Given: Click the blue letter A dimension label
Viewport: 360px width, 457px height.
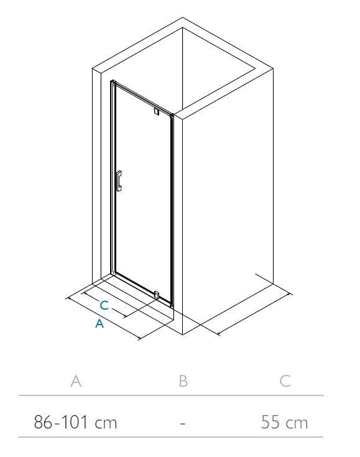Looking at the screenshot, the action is pos(99,323).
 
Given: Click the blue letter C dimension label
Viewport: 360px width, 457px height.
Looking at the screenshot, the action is pos(104,305).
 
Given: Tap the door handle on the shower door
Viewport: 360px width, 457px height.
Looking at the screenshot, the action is pos(119,181).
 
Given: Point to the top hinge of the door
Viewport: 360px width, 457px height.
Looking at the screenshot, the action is pos(157,111).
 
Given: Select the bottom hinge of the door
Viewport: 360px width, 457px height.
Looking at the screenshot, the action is pos(157,294).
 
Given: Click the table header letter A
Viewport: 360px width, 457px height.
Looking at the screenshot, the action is pos(76,381).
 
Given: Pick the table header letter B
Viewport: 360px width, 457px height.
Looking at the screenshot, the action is pos(183,381).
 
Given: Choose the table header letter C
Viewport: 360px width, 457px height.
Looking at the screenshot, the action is pos(285,381).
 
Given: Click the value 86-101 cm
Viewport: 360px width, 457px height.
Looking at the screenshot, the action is pos(75,422).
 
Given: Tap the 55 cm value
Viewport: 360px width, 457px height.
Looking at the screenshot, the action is pos(284,422).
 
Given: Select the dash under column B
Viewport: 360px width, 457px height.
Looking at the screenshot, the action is pos(183,423).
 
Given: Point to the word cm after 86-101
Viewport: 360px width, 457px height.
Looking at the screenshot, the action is pos(106,423).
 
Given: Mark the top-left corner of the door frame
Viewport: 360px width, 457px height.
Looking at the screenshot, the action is pos(111,81).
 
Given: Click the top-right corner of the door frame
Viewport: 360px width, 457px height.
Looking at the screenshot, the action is pos(173,114).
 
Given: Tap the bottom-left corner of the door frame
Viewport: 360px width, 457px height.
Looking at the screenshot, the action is pos(111,274).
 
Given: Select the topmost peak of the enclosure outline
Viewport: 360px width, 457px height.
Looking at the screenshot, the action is pos(182,17).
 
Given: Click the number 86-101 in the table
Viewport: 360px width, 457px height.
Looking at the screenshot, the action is pos(61,422).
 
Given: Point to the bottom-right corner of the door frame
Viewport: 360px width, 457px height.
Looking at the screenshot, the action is pos(173,307).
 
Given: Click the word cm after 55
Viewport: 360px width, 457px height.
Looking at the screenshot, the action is pos(297,423).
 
